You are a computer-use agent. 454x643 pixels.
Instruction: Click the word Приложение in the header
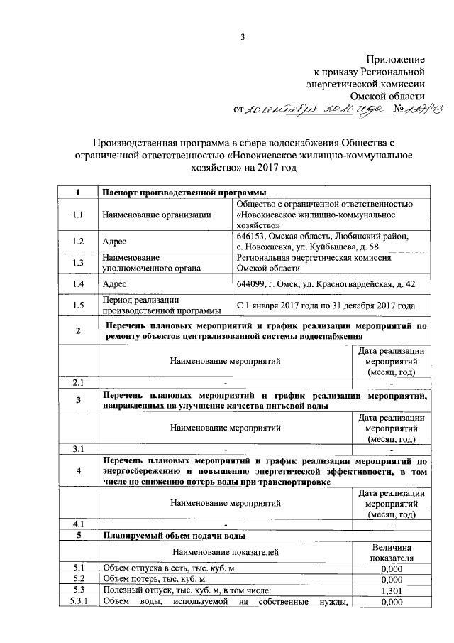point(396,60)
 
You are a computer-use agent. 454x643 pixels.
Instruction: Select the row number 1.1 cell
point(78,214)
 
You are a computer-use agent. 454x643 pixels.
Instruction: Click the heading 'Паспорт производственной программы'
point(179,193)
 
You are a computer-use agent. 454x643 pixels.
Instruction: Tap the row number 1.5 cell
point(78,306)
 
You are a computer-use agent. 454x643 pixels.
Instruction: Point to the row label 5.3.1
point(78,603)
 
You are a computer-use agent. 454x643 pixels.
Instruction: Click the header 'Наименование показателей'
point(225,551)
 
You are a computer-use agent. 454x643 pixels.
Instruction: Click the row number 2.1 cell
point(78,382)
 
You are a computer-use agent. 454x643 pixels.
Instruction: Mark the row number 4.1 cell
point(78,524)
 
